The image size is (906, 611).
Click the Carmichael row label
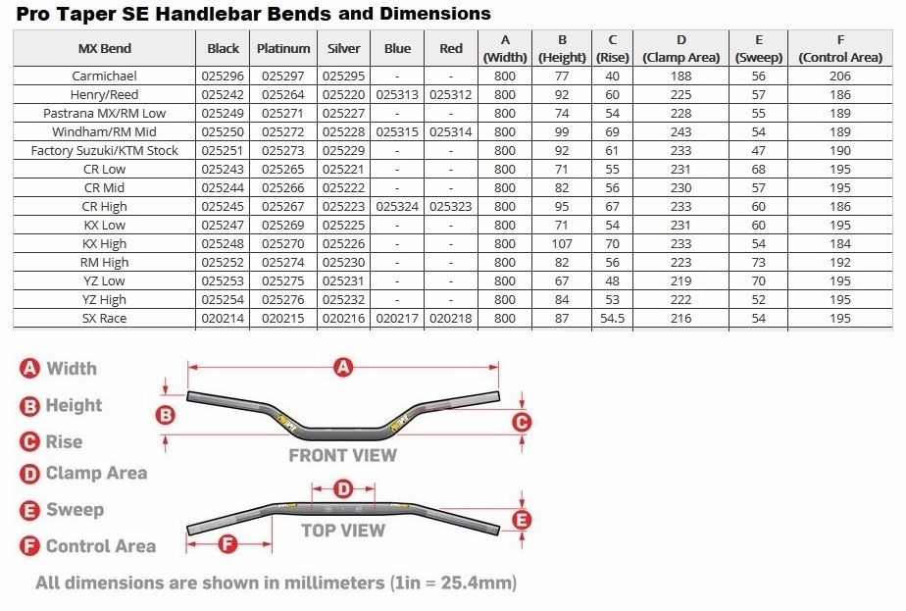click(104, 76)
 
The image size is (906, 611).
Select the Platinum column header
click(283, 48)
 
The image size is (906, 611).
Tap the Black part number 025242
click(224, 95)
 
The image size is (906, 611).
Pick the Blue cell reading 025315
click(397, 132)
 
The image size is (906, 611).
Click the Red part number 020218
click(451, 319)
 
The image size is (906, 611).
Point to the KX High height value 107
click(563, 244)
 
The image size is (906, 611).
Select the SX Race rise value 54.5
click(612, 319)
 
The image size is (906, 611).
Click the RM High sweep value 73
click(759, 263)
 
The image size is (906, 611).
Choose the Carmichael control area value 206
click(839, 76)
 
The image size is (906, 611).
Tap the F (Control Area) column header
click(839, 48)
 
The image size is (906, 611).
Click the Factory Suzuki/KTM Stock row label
click(104, 151)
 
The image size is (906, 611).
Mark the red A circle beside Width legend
click(29, 368)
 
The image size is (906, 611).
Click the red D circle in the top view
click(342, 488)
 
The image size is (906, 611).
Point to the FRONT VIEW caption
click(342, 455)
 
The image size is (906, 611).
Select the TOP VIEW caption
click(342, 531)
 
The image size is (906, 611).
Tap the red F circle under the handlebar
click(227, 542)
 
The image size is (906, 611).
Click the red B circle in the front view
click(167, 415)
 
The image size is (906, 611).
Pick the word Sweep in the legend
click(75, 510)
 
